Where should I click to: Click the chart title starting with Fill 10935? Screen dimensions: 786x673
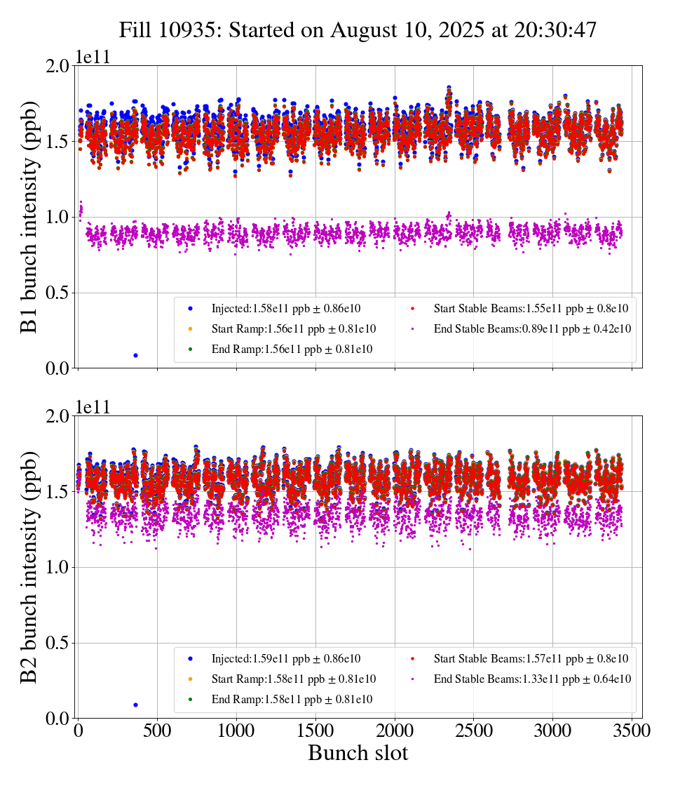click(x=358, y=30)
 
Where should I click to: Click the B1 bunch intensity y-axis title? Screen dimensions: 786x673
click(x=29, y=217)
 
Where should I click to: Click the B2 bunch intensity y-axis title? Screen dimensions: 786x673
click(x=29, y=567)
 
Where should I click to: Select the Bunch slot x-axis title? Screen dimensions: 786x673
click(x=358, y=754)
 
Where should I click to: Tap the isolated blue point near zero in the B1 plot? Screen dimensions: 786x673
click(x=135, y=355)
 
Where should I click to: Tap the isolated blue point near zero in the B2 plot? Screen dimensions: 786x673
click(x=135, y=705)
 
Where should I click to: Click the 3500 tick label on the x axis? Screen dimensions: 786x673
click(x=632, y=731)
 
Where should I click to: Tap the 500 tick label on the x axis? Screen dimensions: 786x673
click(x=157, y=731)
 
